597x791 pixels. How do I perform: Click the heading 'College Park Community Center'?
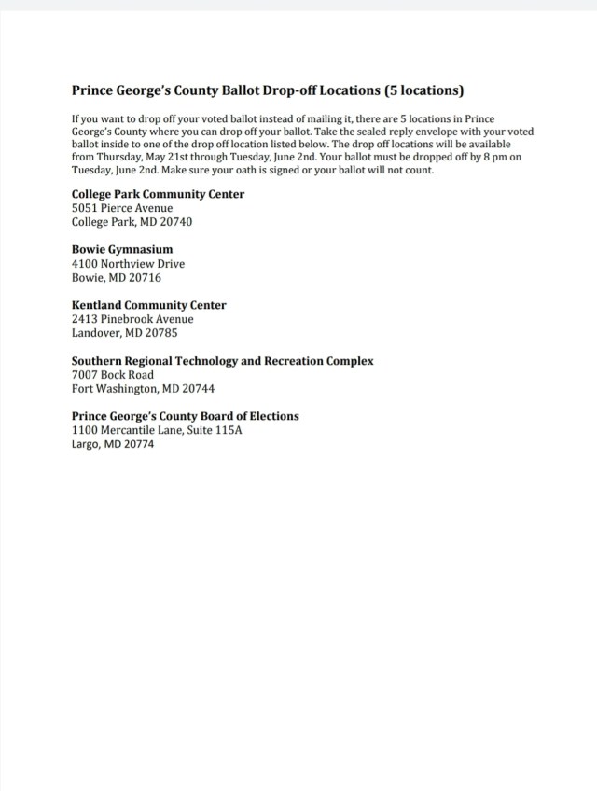point(158,194)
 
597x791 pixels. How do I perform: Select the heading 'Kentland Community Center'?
point(148,305)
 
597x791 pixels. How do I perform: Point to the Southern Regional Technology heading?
point(222,360)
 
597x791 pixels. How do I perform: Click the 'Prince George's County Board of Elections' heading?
point(185,416)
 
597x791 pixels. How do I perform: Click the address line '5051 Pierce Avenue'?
point(121,208)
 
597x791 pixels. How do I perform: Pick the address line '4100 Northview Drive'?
point(128,264)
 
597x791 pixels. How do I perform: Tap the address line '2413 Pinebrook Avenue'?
point(132,319)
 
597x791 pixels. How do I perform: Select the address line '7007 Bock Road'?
point(113,375)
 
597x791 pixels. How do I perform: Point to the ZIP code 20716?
point(144,278)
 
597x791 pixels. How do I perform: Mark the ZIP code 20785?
point(160,333)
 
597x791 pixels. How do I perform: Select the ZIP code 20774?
point(136,444)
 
